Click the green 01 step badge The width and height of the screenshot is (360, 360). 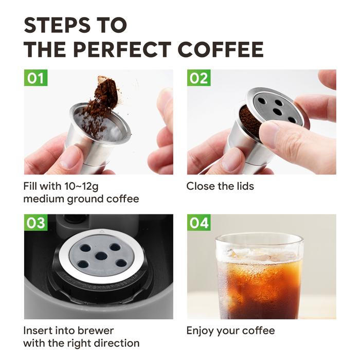coord(35,78)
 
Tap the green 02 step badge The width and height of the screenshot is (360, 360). coord(199,78)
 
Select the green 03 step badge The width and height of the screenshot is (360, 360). coord(35,223)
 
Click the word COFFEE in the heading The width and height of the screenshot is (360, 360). coord(221,49)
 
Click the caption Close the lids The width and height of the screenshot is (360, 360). coord(220,186)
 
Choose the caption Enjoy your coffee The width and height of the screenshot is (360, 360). coord(230,330)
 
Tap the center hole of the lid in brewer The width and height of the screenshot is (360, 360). coord(101,256)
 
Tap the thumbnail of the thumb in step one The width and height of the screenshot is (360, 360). coord(69,156)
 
